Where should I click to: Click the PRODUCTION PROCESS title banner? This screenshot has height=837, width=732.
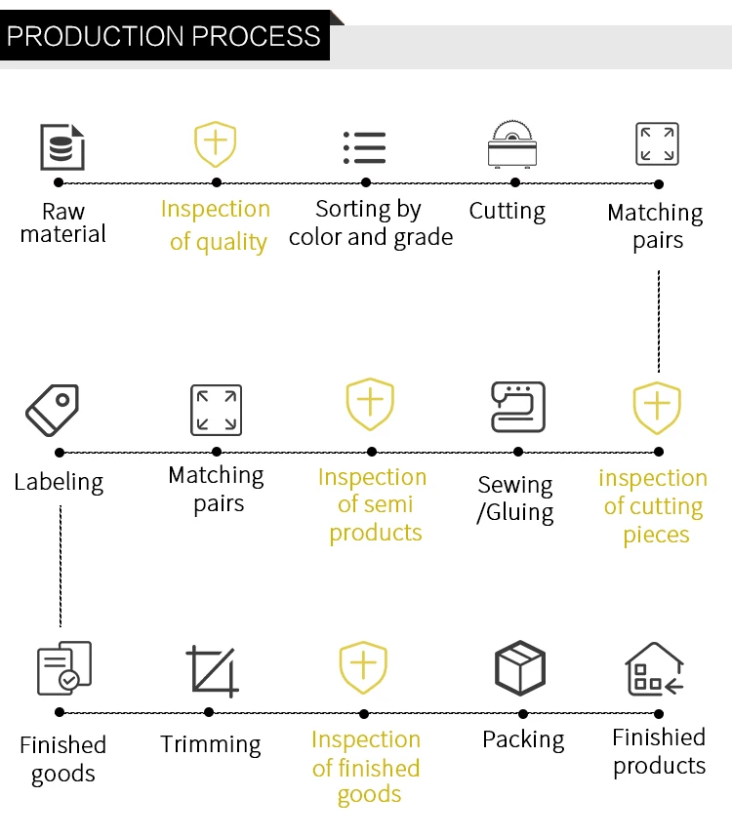pos(164,36)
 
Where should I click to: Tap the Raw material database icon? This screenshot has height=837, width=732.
pos(62,146)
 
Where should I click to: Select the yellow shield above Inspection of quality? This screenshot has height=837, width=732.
pos(216,145)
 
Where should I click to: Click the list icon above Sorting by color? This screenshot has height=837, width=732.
pos(365,146)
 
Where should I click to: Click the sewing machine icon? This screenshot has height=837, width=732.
pos(517,408)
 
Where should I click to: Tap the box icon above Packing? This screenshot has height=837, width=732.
pos(520,669)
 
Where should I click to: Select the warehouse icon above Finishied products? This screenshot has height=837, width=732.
pos(654,669)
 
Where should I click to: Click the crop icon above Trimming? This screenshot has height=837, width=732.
pos(212,671)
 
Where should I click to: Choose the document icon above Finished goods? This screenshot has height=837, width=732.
pos(63,668)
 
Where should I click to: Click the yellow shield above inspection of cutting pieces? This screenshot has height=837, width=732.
pos(657,408)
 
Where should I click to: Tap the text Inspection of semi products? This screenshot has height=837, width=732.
pos(373,504)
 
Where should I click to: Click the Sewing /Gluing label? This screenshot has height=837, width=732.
pos(515,498)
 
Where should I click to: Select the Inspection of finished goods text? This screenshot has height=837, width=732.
pos(366,767)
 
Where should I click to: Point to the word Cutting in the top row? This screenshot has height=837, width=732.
pos(508,211)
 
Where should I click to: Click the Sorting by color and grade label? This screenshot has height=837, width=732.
pos(370,223)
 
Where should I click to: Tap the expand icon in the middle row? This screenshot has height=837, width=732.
pos(216,409)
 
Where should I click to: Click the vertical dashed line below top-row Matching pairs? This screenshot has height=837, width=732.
pos(659,322)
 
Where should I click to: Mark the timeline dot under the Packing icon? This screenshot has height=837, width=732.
pos(523,713)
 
